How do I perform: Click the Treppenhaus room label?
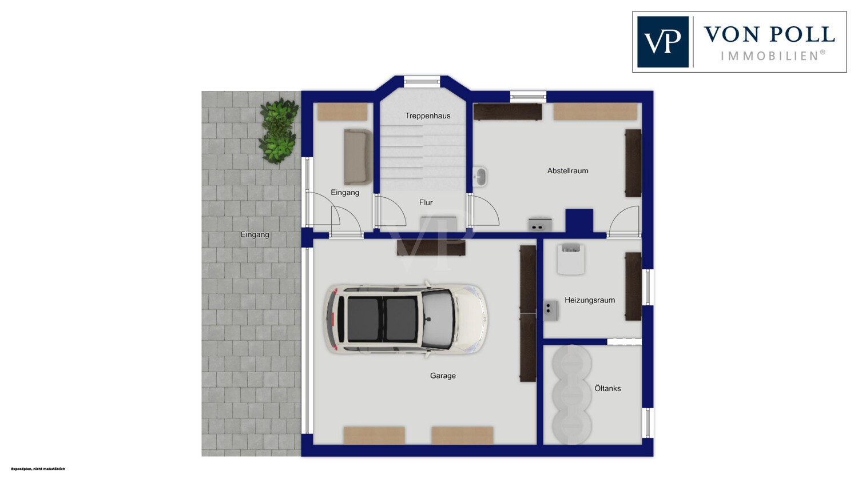[x=427, y=115]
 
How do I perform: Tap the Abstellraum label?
[x=567, y=171]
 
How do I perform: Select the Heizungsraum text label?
[x=590, y=300]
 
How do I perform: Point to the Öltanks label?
[x=607, y=388]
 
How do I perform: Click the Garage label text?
[x=443, y=376]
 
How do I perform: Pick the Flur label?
[x=426, y=202]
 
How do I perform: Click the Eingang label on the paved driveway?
[x=255, y=234]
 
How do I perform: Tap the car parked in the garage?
[x=406, y=319]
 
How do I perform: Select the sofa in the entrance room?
[x=358, y=157]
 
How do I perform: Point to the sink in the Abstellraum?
[x=479, y=177]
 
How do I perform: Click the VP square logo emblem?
[x=662, y=42]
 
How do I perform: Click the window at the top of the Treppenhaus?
[x=422, y=81]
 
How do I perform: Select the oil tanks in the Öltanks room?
[x=571, y=395]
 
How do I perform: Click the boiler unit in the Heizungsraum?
[x=571, y=259]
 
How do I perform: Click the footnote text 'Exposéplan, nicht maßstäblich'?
[x=38, y=469]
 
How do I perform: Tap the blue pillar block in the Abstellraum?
[x=579, y=221]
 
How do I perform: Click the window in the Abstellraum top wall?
[x=528, y=97]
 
